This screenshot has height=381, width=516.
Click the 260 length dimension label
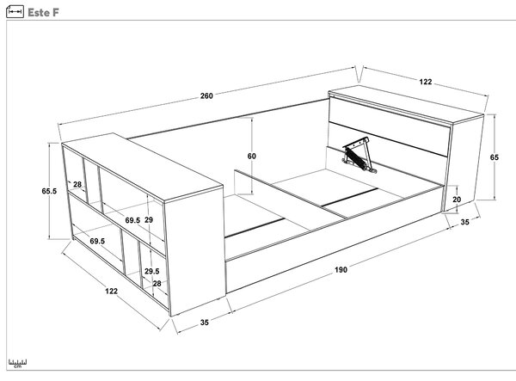click(206, 95)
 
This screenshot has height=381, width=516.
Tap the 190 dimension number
click(341, 270)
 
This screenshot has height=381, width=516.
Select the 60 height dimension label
click(252, 156)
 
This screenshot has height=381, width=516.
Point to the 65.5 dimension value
click(49, 191)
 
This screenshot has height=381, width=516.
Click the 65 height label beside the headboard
click(494, 157)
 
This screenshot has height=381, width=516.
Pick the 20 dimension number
click(457, 200)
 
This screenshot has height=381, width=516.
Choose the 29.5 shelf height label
click(152, 271)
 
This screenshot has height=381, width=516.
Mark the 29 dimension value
click(149, 220)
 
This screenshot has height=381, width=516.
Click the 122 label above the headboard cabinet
click(426, 82)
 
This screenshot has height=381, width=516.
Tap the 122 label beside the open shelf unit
click(111, 292)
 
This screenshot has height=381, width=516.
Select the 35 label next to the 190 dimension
click(205, 323)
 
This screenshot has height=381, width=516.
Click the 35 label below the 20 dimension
click(464, 222)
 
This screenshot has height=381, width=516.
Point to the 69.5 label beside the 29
click(132, 220)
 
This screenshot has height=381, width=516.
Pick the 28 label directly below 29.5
click(157, 283)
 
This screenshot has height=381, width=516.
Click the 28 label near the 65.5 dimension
click(77, 184)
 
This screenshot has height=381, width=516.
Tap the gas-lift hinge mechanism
click(359, 155)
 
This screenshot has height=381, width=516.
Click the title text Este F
click(43, 13)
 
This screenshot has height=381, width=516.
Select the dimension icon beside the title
click(15, 12)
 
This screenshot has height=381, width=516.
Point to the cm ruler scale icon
click(18, 364)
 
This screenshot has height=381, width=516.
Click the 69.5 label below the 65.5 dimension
click(97, 241)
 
